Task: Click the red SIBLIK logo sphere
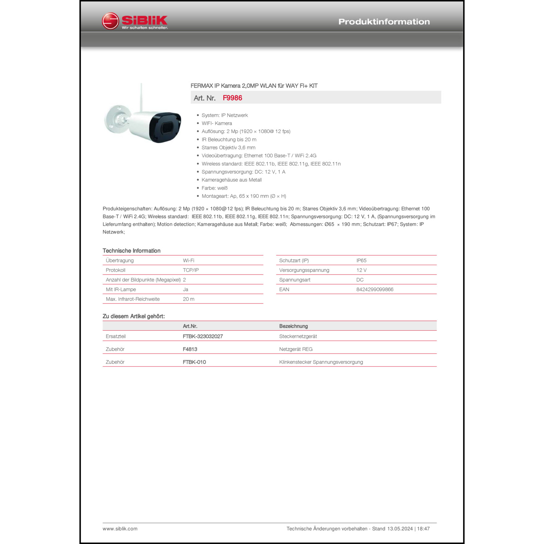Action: pyautogui.click(x=110, y=21)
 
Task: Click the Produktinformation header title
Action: pyautogui.click(x=384, y=22)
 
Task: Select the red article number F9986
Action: pyautogui.click(x=232, y=98)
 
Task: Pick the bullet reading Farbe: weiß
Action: pyautogui.click(x=214, y=188)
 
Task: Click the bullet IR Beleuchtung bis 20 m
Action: pyautogui.click(x=229, y=140)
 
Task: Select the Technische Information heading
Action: pyautogui.click(x=131, y=251)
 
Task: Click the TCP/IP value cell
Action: pyautogui.click(x=191, y=270)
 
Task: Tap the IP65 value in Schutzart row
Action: pyautogui.click(x=361, y=260)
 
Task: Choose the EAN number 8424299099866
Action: pyautogui.click(x=375, y=289)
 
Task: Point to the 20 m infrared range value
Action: pyautogui.click(x=189, y=299)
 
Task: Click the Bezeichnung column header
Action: pyautogui.click(x=293, y=326)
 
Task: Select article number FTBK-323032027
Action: pyautogui.click(x=203, y=336)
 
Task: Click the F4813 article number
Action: pyautogui.click(x=190, y=349)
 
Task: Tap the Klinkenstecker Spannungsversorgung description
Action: pyautogui.click(x=321, y=362)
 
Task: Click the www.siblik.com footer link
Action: pyautogui.click(x=120, y=529)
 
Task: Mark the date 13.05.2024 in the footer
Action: pyautogui.click(x=400, y=529)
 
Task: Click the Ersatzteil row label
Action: pyautogui.click(x=116, y=336)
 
